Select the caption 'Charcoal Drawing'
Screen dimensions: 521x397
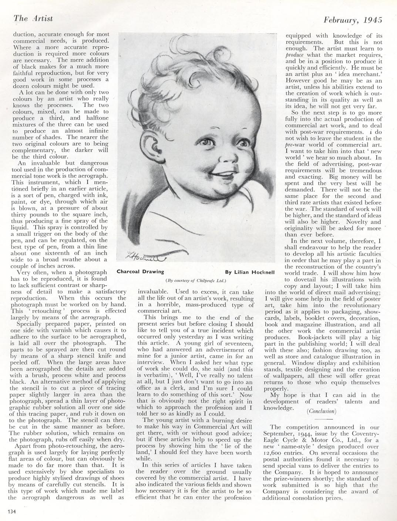140,271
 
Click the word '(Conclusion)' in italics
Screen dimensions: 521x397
321,411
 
